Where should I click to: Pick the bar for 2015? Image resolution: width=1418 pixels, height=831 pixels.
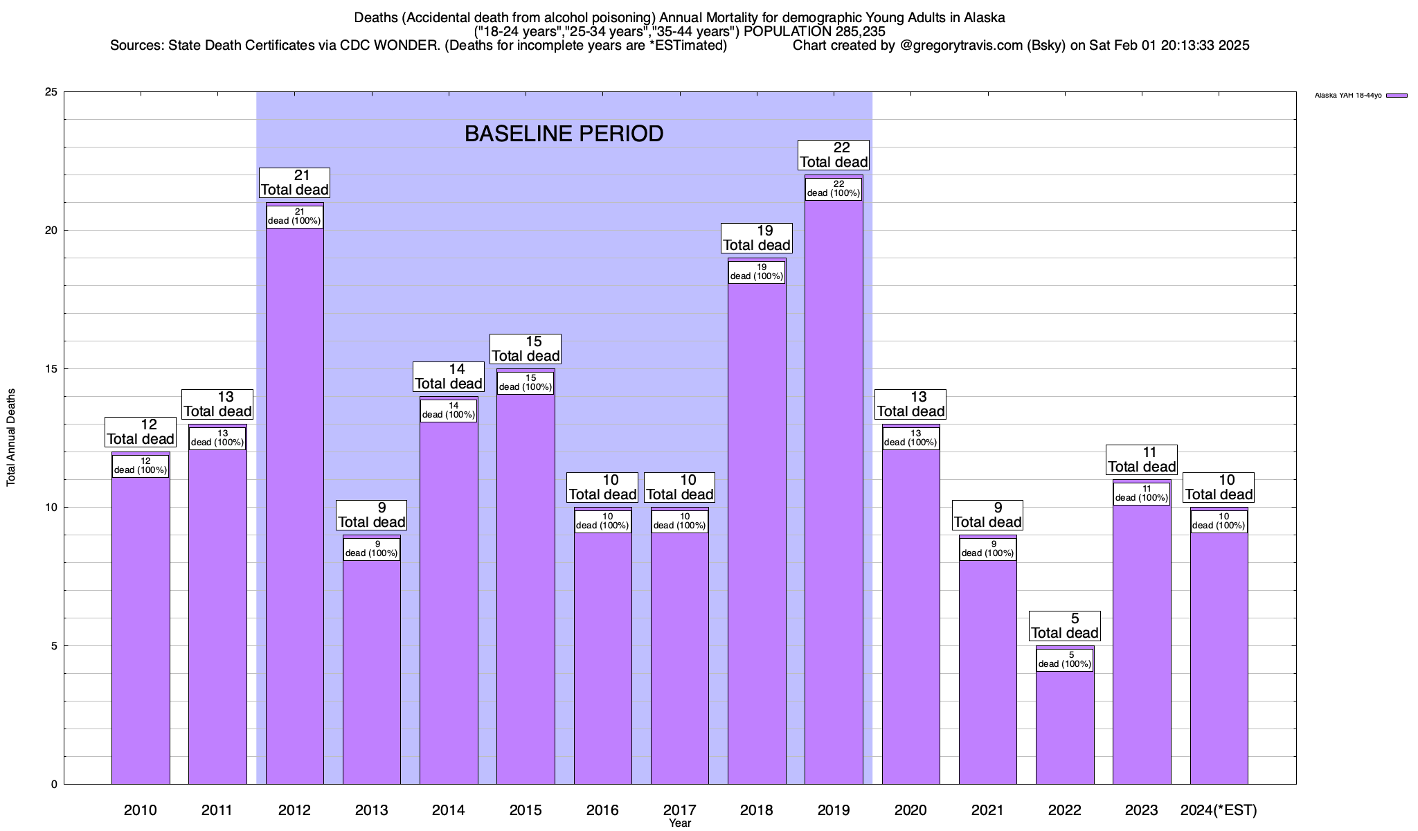click(526, 589)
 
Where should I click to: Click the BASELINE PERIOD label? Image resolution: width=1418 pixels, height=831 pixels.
click(564, 134)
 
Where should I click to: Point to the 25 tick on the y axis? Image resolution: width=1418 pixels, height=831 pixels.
click(51, 92)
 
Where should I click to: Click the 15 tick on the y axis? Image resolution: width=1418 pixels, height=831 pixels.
click(51, 369)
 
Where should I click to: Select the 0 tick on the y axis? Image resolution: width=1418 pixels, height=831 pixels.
click(54, 785)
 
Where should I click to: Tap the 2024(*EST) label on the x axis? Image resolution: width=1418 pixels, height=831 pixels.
click(1219, 810)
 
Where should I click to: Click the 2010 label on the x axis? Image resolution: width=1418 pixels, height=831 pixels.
click(141, 810)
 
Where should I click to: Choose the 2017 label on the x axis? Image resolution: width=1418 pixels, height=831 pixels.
click(679, 810)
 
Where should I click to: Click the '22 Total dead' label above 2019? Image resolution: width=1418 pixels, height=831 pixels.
click(834, 154)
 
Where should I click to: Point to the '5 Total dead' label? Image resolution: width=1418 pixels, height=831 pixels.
click(1065, 625)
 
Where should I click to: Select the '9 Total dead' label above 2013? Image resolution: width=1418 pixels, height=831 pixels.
click(371, 515)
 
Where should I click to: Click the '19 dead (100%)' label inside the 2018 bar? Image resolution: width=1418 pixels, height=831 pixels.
click(757, 271)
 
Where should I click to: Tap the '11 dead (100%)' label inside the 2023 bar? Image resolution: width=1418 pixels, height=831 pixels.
click(1142, 493)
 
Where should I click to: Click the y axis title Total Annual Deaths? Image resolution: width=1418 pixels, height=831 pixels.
click(11, 437)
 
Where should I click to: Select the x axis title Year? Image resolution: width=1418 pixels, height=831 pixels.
click(679, 823)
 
